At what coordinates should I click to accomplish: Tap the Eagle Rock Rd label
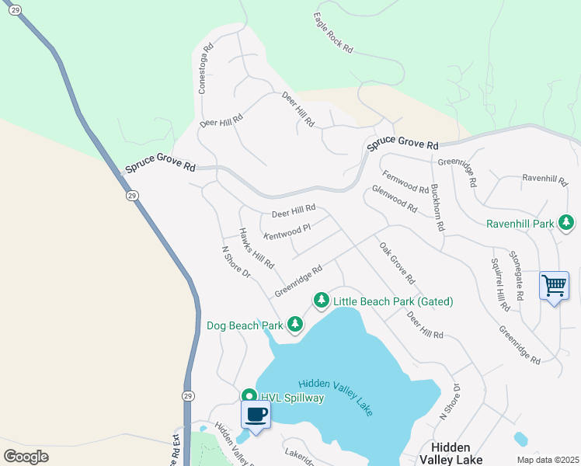(334, 33)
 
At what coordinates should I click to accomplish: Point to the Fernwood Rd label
(405, 183)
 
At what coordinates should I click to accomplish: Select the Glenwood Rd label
(395, 200)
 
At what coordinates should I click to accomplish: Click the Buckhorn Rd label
(437, 207)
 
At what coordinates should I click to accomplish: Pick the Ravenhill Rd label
(545, 179)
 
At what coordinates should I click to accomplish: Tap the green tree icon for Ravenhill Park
(567, 224)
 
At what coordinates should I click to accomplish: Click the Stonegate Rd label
(517, 276)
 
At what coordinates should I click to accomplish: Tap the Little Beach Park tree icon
(321, 300)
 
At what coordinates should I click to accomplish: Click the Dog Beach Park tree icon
(294, 323)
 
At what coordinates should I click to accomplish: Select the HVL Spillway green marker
(249, 396)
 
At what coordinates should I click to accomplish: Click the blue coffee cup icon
(256, 414)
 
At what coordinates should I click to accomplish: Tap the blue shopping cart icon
(554, 286)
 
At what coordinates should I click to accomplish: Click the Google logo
(26, 457)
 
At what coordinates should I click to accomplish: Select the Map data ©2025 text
(547, 460)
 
